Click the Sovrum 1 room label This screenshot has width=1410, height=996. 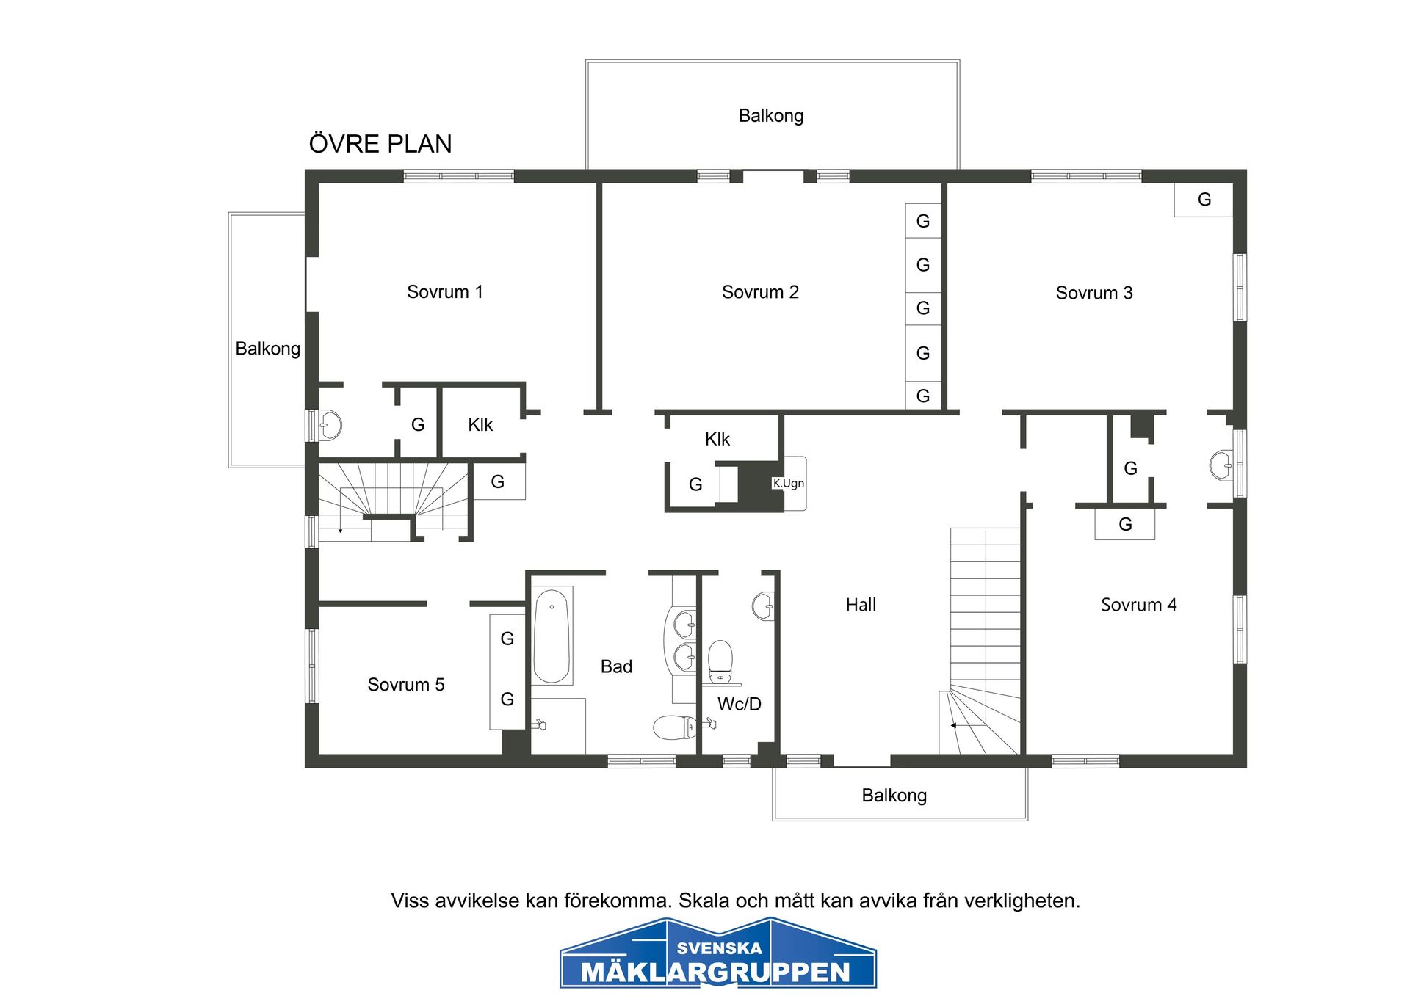[x=445, y=292]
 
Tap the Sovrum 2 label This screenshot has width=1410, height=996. [x=760, y=292]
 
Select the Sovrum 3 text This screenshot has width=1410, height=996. [x=1094, y=293]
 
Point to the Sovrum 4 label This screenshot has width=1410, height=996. [x=1138, y=605]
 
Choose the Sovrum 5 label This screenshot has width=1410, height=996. [x=406, y=685]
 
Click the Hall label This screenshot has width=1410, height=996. [x=861, y=605]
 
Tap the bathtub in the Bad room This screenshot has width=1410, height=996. [x=552, y=636]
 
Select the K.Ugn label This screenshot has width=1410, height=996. [x=788, y=483]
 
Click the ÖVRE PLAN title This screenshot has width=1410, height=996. [x=380, y=143]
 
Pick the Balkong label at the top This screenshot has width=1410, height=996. [x=771, y=116]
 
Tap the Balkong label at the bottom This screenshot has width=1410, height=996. [x=894, y=796]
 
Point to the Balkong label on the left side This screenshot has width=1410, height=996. [x=267, y=349]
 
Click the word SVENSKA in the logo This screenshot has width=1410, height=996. [x=720, y=948]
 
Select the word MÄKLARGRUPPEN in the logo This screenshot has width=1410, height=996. [x=716, y=973]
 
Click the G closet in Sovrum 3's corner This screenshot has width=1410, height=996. [x=1204, y=200]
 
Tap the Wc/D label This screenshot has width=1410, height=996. [x=739, y=704]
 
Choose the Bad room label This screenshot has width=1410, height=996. [x=616, y=666]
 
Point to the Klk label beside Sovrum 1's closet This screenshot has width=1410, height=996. [x=480, y=425]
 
